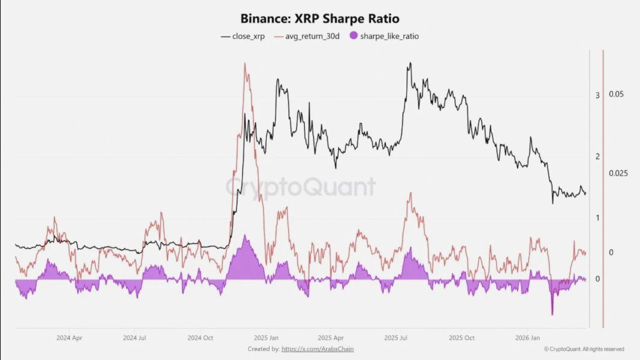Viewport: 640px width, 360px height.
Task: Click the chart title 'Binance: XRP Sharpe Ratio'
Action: click(x=319, y=19)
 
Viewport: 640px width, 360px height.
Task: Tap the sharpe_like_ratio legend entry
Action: click(x=389, y=36)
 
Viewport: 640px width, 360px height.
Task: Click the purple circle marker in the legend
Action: click(x=353, y=36)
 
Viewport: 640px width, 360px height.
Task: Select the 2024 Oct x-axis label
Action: click(x=200, y=338)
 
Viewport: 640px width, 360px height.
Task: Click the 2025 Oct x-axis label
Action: click(x=461, y=338)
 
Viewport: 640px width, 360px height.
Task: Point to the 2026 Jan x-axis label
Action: click(x=527, y=338)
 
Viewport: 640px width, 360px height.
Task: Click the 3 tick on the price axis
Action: click(x=597, y=95)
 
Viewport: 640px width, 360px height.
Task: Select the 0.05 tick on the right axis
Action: click(x=616, y=94)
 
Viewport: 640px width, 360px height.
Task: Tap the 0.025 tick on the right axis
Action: click(x=618, y=173)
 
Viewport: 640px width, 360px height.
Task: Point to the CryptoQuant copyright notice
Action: click(x=584, y=349)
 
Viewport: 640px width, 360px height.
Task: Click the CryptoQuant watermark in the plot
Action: click(x=300, y=187)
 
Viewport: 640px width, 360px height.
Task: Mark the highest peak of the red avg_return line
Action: click(x=244, y=63)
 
